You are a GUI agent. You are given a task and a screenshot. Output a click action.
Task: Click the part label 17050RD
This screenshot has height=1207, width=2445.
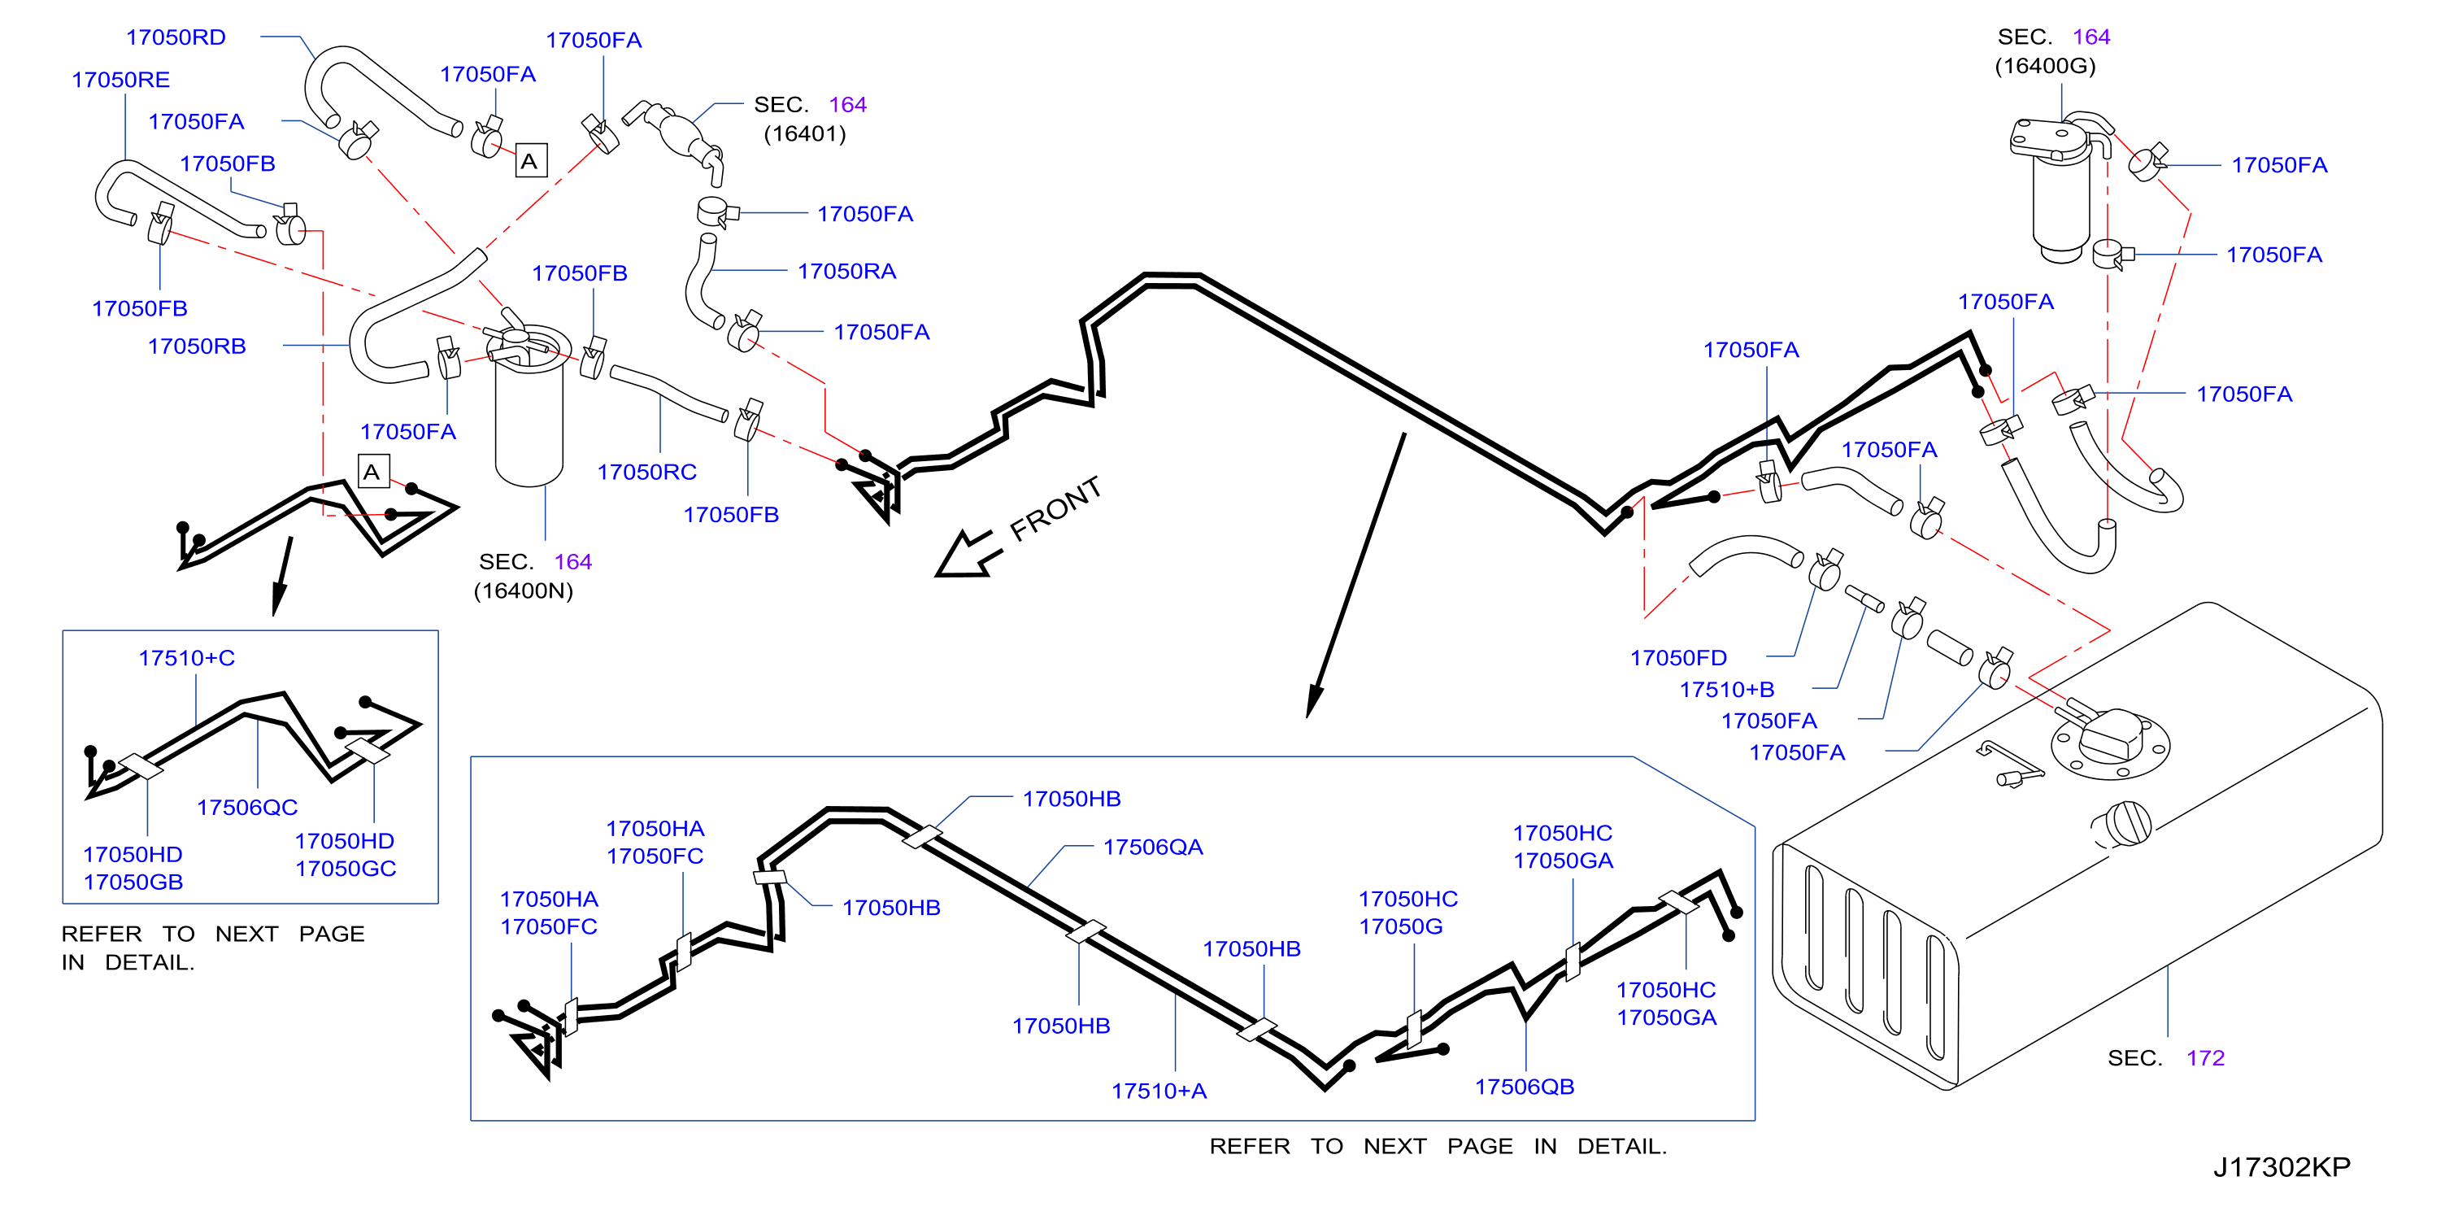coord(176,37)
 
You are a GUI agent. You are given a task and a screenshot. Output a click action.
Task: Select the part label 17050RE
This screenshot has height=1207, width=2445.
coord(120,80)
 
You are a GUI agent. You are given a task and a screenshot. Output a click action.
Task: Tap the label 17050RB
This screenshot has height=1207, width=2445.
coord(197,346)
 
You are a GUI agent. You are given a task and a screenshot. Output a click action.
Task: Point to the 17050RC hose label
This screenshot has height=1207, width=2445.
coord(646,472)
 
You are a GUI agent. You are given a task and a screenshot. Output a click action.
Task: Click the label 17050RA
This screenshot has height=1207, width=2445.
coord(846,272)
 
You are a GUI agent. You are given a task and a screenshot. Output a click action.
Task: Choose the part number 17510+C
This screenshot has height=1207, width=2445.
coord(186,658)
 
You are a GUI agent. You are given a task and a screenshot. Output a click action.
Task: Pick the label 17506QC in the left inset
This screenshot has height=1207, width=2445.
coord(247,807)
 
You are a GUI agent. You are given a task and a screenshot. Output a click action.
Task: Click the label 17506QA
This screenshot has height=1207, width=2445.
coord(1152,847)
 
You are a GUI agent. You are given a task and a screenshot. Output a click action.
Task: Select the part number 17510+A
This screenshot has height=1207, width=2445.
coord(1159,1092)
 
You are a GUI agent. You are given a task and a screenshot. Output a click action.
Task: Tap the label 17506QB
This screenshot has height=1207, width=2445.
coord(1525,1087)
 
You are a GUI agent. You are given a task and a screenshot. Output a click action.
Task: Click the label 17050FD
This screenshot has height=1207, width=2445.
coord(1678,658)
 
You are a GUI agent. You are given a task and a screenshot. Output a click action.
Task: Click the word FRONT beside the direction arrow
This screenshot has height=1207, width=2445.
coord(1055,508)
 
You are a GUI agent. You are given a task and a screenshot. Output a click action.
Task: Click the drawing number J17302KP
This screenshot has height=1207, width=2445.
coord(2282,1167)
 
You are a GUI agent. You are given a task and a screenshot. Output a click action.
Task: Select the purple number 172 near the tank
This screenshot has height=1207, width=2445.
coord(2205,1058)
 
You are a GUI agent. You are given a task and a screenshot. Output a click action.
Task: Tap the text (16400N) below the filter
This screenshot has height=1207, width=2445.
coord(523,590)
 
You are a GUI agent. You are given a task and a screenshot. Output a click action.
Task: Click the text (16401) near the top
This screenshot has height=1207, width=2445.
coord(805,134)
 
